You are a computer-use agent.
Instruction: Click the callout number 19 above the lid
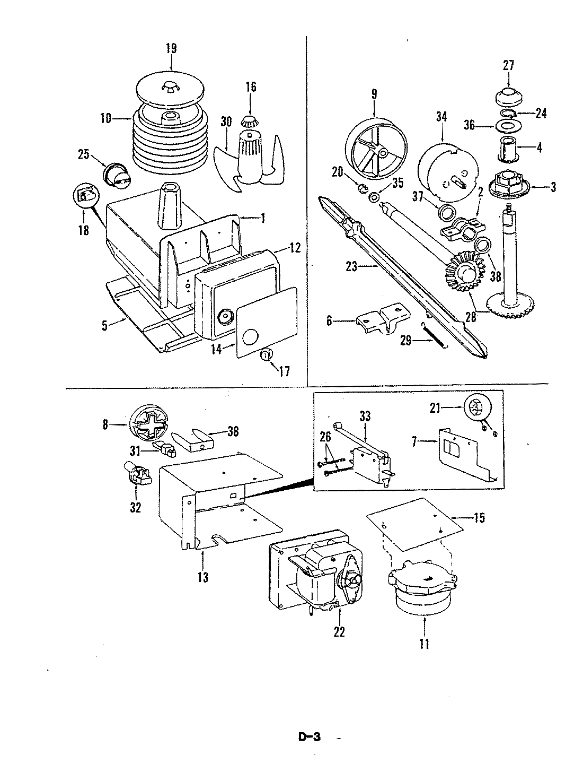[x=171, y=48]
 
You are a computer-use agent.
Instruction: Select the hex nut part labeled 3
[x=507, y=185]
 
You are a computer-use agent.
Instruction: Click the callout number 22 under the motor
[x=339, y=632]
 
